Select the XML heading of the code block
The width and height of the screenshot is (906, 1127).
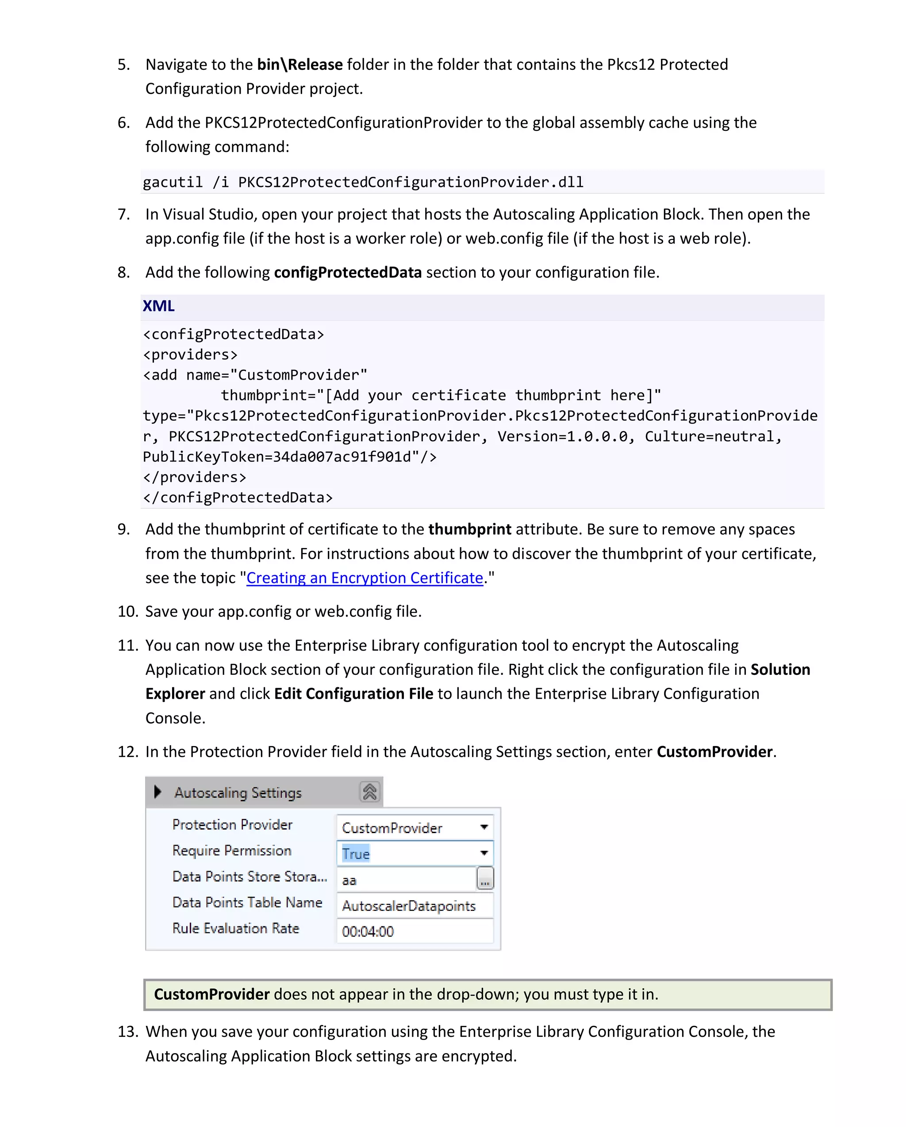pos(158,306)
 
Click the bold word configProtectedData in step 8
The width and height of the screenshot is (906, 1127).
pos(347,272)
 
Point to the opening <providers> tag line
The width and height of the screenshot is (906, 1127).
pos(190,355)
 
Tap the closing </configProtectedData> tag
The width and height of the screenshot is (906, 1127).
pos(238,498)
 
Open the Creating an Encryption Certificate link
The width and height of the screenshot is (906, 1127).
pos(365,578)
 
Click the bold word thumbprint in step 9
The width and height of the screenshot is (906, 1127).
pos(469,529)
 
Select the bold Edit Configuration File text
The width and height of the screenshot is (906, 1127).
pos(353,694)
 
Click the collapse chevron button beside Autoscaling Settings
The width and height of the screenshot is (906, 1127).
pos(369,792)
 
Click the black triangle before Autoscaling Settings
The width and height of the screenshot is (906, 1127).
pos(157,792)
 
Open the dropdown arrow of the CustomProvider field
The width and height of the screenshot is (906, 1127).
pos(484,827)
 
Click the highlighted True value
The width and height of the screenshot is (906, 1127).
pos(356,853)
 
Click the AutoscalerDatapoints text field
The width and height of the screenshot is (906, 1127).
pos(413,906)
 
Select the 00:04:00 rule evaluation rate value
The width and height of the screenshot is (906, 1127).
pos(368,932)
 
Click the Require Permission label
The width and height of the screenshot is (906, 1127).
pos(232,850)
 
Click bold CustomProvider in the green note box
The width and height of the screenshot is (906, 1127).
pos(211,994)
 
